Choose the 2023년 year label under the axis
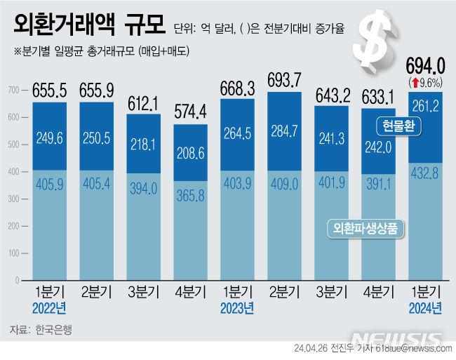[237, 308]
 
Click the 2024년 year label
[425, 308]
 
